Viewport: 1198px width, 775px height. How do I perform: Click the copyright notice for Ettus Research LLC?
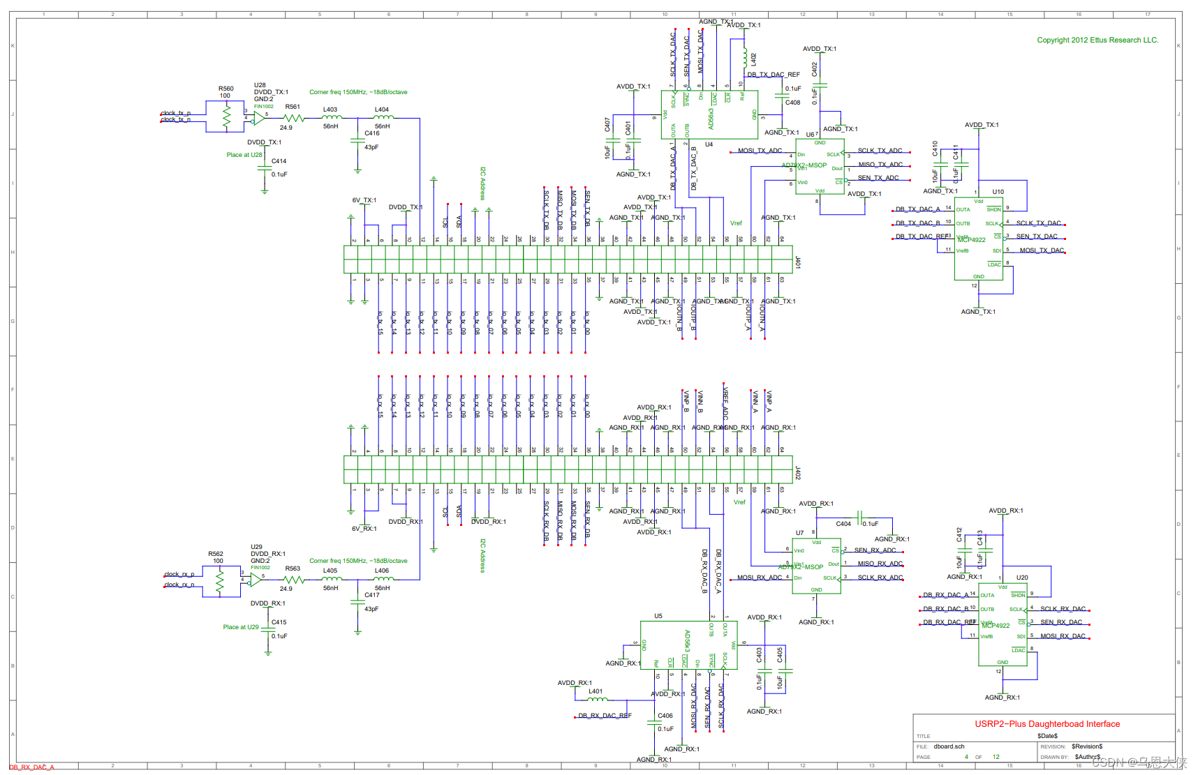(1097, 40)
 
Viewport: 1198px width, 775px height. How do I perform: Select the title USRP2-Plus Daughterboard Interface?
(1047, 724)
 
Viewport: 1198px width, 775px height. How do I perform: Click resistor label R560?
(225, 89)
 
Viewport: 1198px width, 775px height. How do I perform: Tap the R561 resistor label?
(293, 107)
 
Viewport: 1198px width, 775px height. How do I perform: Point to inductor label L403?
(330, 110)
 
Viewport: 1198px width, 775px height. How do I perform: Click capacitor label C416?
(372, 133)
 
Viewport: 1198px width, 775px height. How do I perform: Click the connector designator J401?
(797, 262)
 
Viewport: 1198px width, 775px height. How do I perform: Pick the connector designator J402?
(797, 473)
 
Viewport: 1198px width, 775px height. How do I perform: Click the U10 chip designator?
(998, 192)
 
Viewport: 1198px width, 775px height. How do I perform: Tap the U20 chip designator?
(1021, 578)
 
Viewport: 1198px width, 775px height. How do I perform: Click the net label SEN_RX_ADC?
(875, 550)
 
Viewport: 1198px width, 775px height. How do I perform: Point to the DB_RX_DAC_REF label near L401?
(605, 716)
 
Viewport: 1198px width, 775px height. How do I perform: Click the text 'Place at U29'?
(241, 627)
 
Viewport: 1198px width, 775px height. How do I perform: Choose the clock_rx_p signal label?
(179, 575)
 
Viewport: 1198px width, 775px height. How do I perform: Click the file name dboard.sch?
(949, 746)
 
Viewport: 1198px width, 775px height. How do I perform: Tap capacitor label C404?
(843, 524)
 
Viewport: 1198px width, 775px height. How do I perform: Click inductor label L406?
(382, 571)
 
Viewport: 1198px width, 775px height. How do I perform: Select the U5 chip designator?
(658, 616)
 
